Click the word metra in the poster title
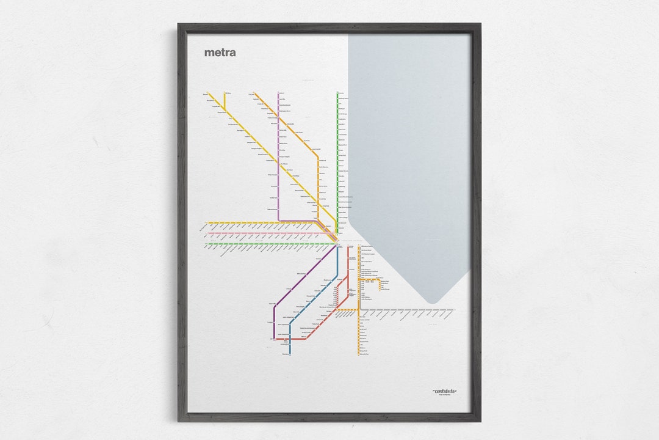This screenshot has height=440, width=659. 220,53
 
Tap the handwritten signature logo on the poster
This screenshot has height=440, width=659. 445,391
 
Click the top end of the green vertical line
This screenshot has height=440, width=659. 337,93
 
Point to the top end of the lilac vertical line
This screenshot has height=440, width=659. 278,94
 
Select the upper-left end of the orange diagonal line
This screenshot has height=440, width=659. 254,94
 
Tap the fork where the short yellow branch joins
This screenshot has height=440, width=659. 225,111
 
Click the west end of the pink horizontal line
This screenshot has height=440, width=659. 207,233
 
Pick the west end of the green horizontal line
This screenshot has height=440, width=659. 207,244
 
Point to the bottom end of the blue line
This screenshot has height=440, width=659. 290,354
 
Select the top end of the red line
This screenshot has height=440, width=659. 348,248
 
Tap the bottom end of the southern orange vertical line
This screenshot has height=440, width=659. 359,354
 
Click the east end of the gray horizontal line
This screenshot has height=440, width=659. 454,310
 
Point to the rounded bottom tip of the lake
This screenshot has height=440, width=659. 432,301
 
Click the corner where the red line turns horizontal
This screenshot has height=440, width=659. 276,339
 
